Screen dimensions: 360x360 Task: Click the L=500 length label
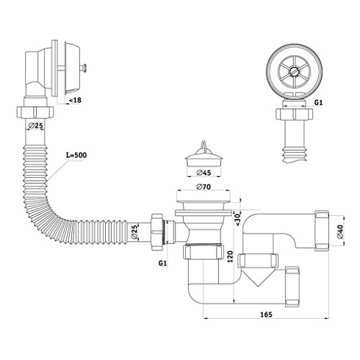[76, 155]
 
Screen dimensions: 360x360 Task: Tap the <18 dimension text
[75, 100]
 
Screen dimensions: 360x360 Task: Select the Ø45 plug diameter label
[204, 173]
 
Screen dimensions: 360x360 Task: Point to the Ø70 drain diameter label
[204, 187]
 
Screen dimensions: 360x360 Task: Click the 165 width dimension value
[266, 314]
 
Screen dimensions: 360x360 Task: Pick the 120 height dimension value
[230, 256]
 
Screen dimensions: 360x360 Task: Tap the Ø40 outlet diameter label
[340, 231]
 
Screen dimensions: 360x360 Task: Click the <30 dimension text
[238, 220]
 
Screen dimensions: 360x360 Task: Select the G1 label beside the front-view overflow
[318, 103]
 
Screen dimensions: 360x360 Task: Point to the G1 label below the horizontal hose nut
[162, 263]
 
